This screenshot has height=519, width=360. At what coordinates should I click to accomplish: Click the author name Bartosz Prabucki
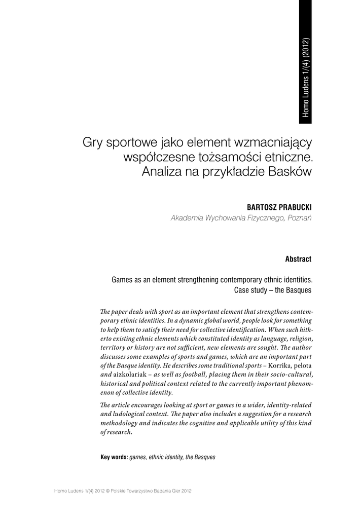[x=278, y=208]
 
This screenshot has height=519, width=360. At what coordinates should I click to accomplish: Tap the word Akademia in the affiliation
[x=187, y=218]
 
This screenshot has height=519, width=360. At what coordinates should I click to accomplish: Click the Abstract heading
[x=298, y=259]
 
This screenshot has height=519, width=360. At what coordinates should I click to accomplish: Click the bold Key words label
[x=114, y=457]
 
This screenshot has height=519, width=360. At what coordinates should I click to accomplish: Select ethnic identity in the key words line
[x=166, y=457]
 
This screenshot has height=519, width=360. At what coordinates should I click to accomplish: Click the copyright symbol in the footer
[x=108, y=491]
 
